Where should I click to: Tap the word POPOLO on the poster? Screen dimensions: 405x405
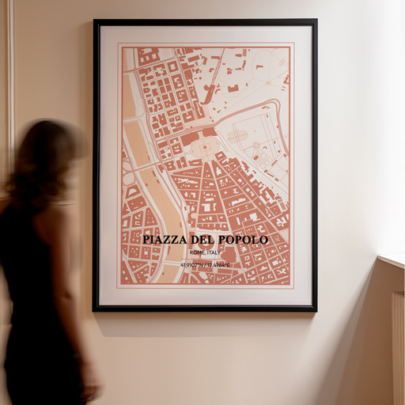coord(244,240)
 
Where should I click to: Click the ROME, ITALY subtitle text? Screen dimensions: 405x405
coord(205,252)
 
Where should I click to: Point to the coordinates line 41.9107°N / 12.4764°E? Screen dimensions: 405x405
coord(205,265)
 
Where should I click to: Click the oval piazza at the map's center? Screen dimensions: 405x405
coord(205,147)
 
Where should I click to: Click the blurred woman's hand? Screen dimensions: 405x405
coord(91,388)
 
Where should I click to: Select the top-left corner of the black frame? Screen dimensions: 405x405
coord(95,21)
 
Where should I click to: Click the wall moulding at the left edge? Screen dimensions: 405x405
coord(9,79)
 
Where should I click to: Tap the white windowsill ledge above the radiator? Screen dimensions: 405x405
coord(392,260)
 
